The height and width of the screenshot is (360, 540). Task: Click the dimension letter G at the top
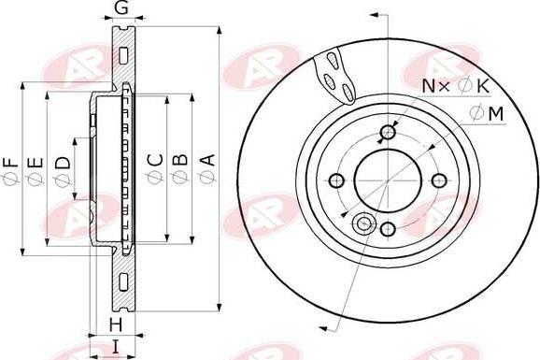tap(121, 7)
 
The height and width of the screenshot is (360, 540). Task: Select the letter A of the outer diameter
tap(208, 160)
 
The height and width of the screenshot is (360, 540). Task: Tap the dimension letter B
tap(179, 159)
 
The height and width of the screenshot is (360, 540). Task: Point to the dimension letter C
tap(155, 159)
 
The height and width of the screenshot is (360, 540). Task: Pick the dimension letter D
tap(63, 163)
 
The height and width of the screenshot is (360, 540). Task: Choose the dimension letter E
tap(36, 163)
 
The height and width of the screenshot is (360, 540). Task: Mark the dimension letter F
tap(10, 162)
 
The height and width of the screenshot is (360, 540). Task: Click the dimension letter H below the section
tap(116, 325)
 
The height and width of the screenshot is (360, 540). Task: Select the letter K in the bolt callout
tap(483, 86)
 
